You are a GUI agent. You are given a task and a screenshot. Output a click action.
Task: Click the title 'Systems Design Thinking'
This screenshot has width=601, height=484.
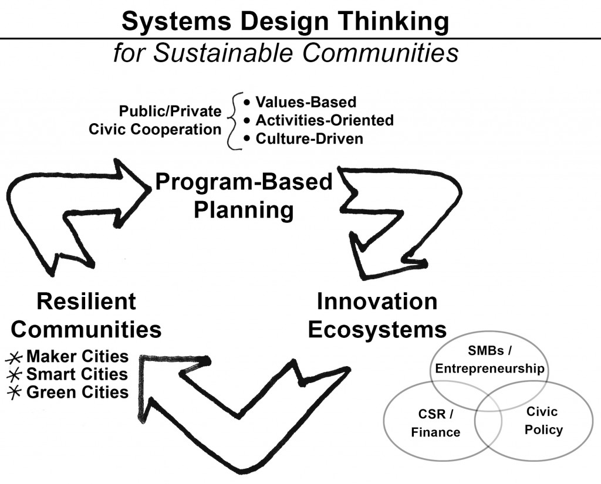[x=285, y=21]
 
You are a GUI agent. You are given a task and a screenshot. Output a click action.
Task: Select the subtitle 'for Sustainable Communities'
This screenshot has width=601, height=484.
[x=286, y=52]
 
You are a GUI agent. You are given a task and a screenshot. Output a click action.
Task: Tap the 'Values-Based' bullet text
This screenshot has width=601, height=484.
[x=306, y=102]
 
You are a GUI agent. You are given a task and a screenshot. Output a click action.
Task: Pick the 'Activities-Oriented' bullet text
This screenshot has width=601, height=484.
[x=325, y=120]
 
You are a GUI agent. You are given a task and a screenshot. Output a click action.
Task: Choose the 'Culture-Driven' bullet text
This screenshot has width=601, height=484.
[x=309, y=138]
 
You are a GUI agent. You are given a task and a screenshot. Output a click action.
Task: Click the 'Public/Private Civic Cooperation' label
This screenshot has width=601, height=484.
[x=155, y=120]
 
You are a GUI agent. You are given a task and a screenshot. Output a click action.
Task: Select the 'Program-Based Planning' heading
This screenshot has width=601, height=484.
[x=244, y=195]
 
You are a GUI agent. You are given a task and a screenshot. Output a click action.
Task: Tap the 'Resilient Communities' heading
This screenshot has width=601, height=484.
[x=86, y=316]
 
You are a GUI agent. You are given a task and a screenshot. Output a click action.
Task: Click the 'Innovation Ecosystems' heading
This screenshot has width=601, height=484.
[x=377, y=316]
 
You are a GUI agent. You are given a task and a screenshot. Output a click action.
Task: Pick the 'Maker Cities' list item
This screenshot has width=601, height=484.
[x=77, y=356]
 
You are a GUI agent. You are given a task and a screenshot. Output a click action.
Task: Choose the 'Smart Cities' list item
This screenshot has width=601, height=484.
[x=77, y=374]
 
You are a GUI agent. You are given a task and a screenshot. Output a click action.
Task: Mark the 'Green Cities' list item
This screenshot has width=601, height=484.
[x=77, y=392]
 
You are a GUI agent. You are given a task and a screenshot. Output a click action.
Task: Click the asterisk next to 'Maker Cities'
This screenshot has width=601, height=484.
[x=14, y=358]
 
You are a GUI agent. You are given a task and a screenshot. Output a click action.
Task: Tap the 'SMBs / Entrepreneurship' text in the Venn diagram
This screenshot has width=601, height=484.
[x=489, y=360]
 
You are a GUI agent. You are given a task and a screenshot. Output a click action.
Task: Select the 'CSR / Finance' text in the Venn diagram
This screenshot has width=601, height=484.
[x=436, y=423]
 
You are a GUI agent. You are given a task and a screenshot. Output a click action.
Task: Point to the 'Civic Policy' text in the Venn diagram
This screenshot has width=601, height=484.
[x=543, y=421]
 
